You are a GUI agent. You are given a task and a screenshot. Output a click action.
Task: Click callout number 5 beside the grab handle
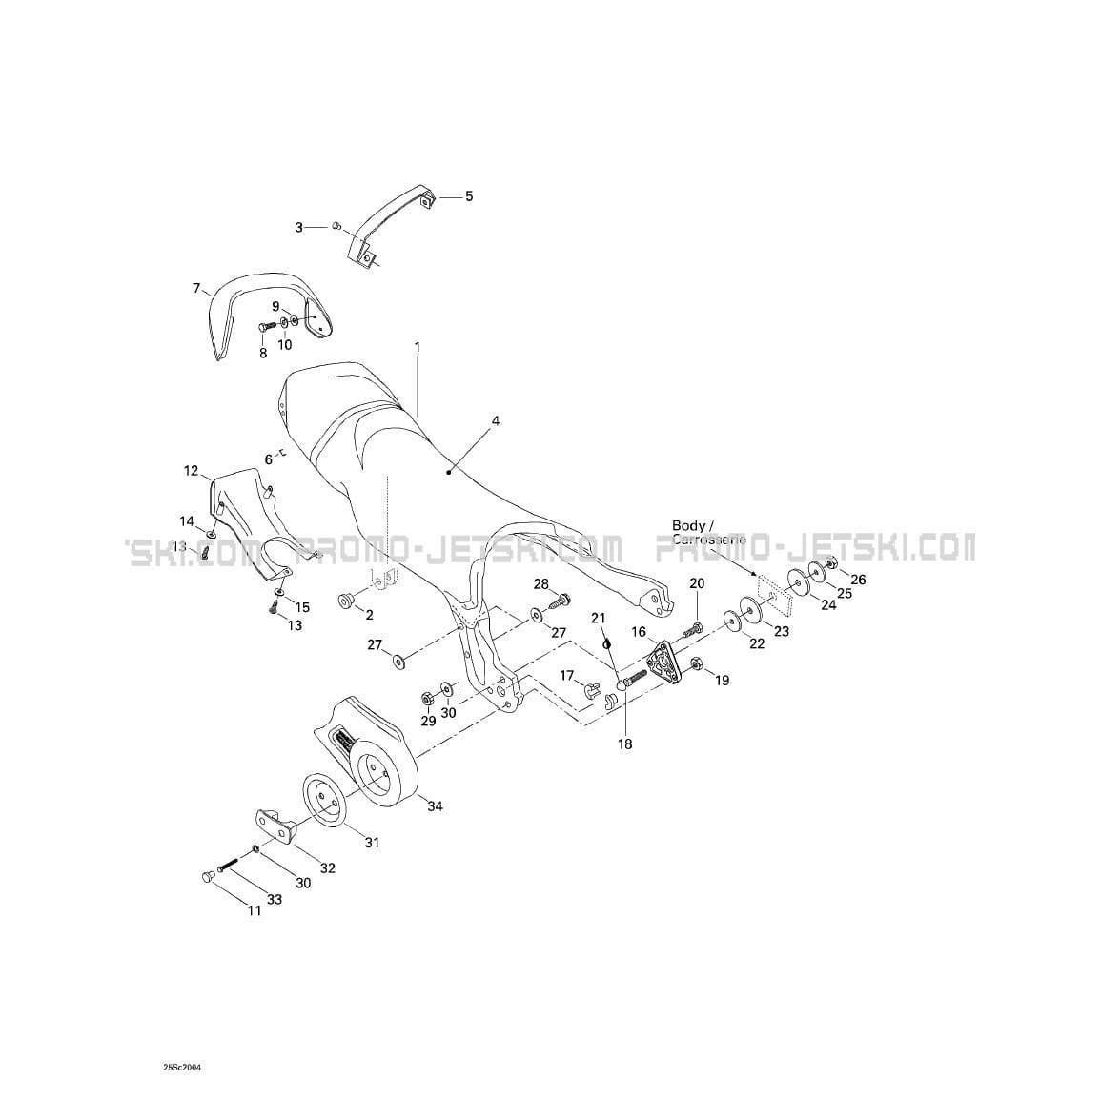(x=468, y=196)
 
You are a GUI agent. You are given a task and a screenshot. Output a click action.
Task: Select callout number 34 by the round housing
(x=435, y=806)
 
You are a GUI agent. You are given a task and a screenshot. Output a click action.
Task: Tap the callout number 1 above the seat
(x=417, y=349)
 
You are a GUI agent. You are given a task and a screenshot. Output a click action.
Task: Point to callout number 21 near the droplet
(x=599, y=619)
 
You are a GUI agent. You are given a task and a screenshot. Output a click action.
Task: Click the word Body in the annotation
(x=688, y=525)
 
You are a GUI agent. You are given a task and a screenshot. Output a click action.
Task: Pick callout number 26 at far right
(x=858, y=580)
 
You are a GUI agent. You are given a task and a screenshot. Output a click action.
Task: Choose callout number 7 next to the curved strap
(x=196, y=288)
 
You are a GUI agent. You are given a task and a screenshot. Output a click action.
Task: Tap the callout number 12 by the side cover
(x=191, y=471)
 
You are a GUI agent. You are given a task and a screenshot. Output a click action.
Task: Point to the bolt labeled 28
(x=561, y=601)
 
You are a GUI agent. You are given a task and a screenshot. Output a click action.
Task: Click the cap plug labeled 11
(x=207, y=876)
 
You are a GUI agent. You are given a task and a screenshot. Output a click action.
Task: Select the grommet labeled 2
(x=344, y=599)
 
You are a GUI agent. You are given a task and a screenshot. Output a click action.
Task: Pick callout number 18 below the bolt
(x=624, y=744)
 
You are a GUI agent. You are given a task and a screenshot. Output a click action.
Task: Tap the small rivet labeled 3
(x=336, y=226)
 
